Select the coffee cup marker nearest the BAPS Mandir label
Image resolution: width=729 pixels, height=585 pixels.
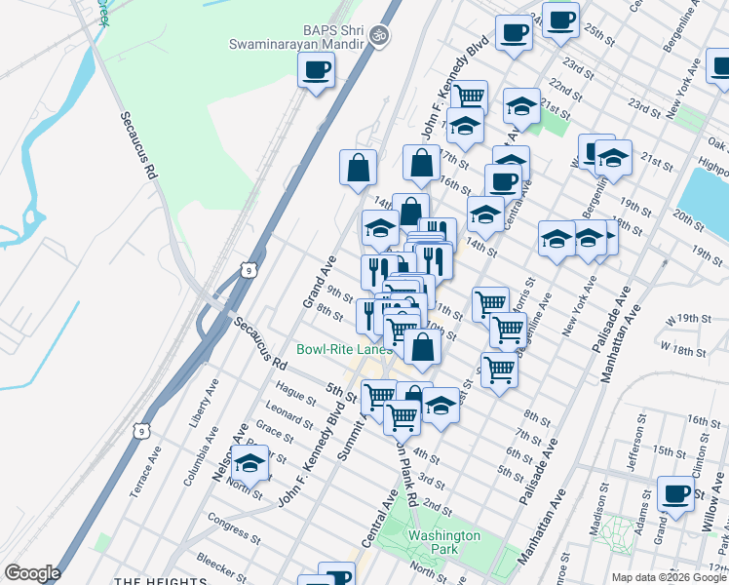pyautogui.click(x=316, y=70)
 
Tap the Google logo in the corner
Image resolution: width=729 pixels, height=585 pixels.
pyautogui.click(x=31, y=573)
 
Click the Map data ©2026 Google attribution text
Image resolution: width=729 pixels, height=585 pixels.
pyautogui.click(x=669, y=577)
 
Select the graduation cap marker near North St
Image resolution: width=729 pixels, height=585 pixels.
pyautogui.click(x=250, y=464)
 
